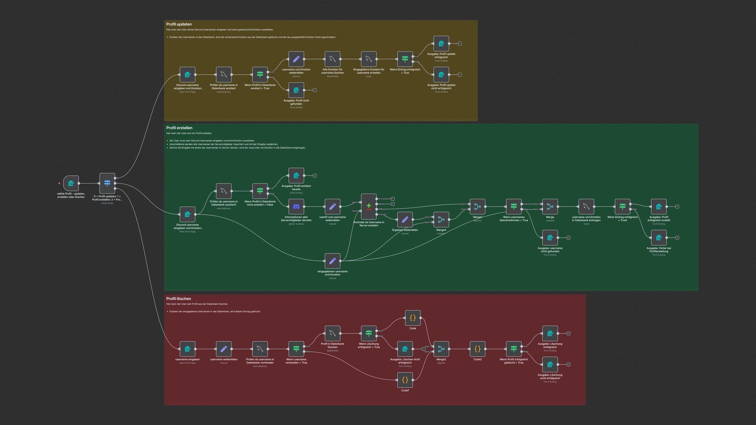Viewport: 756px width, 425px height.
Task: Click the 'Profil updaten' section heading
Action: click(179, 24)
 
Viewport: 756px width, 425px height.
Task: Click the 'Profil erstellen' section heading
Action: click(179, 128)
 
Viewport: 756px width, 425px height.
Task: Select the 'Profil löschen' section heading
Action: click(178, 298)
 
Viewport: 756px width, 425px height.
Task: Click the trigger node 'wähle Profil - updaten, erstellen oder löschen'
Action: click(71, 183)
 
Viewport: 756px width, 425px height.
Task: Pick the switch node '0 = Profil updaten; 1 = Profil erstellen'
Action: click(107, 183)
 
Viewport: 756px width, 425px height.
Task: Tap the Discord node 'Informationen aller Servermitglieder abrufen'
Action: click(296, 206)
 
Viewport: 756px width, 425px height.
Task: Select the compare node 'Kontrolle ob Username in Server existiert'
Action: click(369, 206)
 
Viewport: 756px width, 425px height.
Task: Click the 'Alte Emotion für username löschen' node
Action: click(332, 59)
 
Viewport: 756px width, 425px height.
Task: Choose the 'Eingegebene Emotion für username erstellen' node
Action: click(369, 59)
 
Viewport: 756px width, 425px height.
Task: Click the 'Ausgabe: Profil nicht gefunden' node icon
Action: click(296, 90)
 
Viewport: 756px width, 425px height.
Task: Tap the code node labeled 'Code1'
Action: click(405, 380)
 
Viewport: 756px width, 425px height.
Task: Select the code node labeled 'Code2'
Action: click(477, 349)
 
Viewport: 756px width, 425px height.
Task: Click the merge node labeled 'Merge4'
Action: click(441, 219)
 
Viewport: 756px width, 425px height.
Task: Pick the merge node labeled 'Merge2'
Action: click(441, 349)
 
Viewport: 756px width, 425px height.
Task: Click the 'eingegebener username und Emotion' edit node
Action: click(332, 261)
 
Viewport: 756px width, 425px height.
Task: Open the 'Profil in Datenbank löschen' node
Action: click(332, 333)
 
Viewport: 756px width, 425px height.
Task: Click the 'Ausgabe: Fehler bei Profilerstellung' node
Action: click(659, 237)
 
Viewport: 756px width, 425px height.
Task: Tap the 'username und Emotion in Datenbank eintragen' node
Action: click(586, 206)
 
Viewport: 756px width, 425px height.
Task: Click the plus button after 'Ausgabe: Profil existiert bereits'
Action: click(315, 175)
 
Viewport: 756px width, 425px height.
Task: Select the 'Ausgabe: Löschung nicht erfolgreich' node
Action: click(550, 364)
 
